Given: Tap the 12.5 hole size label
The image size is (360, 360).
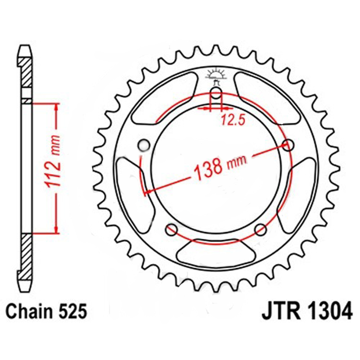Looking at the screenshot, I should point(229,120).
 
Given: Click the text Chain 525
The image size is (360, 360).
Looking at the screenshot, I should point(45,310).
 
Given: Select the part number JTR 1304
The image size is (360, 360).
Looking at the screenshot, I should point(306,310).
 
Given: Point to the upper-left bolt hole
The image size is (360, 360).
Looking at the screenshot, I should point(144,144).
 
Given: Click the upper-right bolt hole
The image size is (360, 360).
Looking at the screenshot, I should point(288,144).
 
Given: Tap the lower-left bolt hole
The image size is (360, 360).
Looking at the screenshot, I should point(171,229).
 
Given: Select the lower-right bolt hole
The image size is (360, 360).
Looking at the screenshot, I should point(260,229).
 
